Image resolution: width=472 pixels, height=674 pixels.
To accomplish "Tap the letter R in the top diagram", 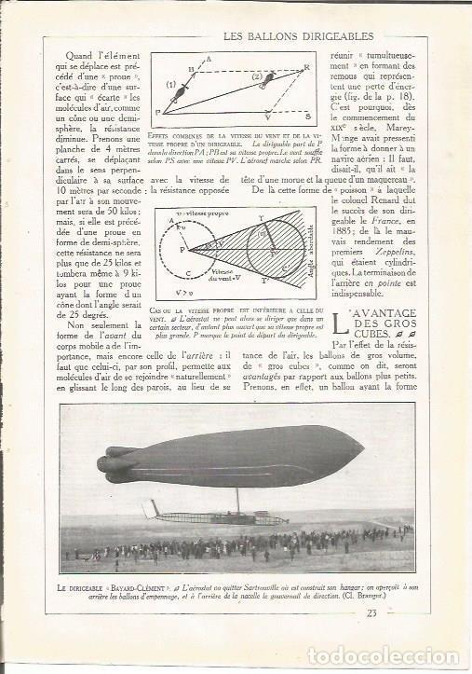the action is tap(307, 68).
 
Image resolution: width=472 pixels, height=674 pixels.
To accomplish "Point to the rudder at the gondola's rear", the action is tap(151, 510).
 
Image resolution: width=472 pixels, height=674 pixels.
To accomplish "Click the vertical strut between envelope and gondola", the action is tap(238, 499).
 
